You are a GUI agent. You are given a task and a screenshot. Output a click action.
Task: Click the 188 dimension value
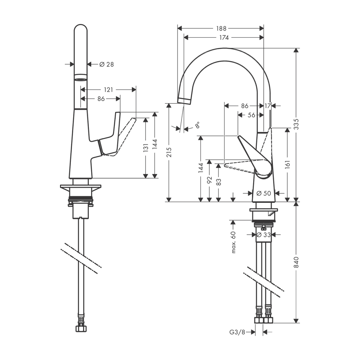(221, 28)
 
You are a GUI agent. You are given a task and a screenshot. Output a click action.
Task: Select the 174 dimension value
(224, 38)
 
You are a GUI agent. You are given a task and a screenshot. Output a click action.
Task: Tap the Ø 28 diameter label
(106, 64)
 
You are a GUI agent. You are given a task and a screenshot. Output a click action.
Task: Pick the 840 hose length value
(296, 262)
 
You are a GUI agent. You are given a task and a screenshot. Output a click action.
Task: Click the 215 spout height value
(169, 152)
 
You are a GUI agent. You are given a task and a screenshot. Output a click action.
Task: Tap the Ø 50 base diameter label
(264, 193)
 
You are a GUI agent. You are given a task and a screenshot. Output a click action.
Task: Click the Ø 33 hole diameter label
(264, 235)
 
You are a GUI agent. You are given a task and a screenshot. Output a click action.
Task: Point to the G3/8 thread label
(237, 332)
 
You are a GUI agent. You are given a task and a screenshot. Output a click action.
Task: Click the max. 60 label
(234, 242)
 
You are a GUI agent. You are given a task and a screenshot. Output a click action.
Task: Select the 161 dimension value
(287, 164)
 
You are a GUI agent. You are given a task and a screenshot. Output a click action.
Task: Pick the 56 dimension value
(251, 115)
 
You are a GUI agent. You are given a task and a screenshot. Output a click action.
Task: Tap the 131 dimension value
(146, 148)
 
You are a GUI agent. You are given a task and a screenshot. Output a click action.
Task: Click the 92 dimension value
(209, 180)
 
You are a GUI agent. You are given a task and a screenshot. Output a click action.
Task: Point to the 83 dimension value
(218, 181)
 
